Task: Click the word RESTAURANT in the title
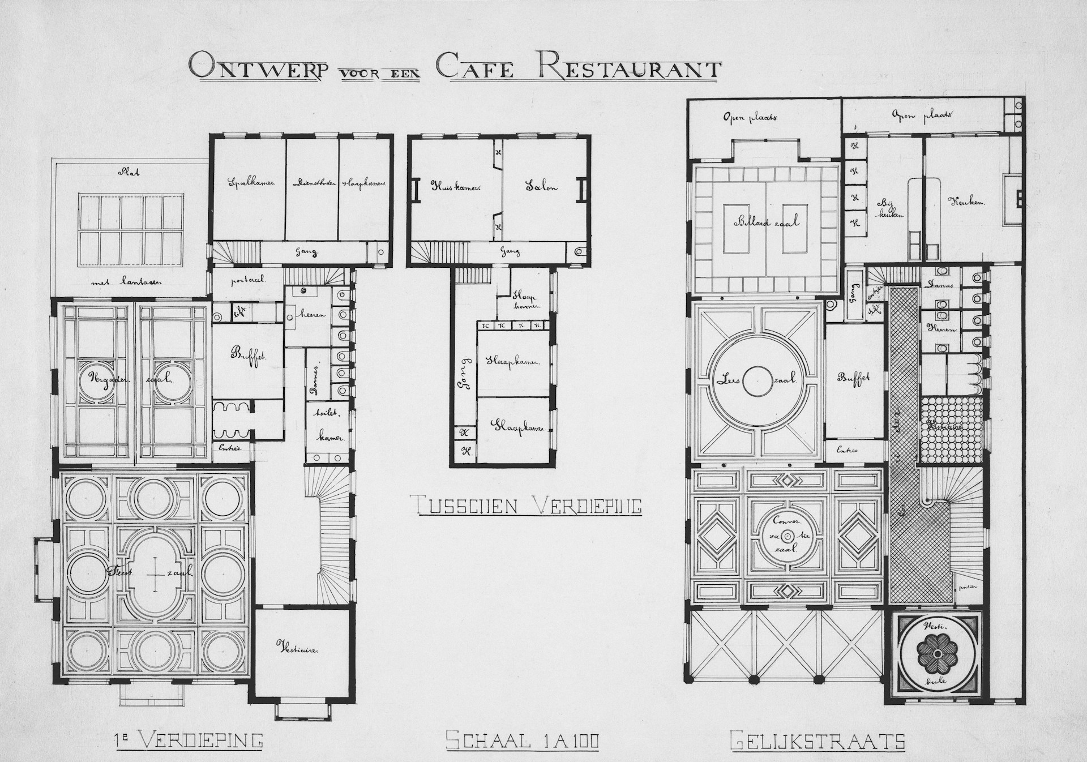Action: (x=628, y=67)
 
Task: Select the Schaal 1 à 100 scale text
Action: (x=523, y=740)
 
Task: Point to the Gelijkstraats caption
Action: (x=818, y=740)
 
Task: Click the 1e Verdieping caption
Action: (x=186, y=739)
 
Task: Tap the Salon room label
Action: (x=541, y=187)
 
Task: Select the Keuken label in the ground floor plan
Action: (x=966, y=201)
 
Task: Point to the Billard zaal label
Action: (x=767, y=222)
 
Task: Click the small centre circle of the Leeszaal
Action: (x=757, y=381)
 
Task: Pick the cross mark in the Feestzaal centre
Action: (x=155, y=573)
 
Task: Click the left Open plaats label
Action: (x=748, y=118)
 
